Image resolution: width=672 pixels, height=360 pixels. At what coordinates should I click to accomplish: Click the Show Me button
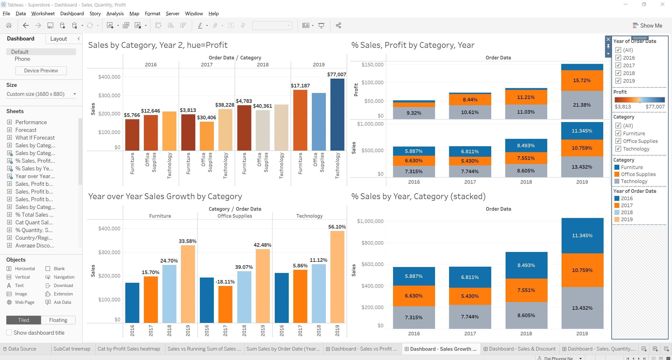coord(647,26)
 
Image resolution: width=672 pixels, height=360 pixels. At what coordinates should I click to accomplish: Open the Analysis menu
coord(115,14)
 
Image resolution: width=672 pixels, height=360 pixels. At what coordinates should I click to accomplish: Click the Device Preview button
coord(41,71)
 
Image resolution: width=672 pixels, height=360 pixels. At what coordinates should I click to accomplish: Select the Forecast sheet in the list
coord(26,130)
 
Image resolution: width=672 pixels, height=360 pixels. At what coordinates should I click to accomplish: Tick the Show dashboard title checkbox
coord(9,332)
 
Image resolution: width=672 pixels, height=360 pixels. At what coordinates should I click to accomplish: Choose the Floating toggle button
coord(58,320)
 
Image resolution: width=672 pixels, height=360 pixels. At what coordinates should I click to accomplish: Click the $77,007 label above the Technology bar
coord(337,74)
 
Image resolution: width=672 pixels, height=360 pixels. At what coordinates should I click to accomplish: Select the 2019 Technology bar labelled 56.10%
coord(337,277)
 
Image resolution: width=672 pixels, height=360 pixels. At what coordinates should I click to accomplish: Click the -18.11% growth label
coord(225,282)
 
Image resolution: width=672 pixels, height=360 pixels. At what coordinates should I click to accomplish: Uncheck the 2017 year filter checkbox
coord(618,65)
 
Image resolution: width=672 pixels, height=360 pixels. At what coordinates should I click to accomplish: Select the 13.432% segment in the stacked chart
coord(582,308)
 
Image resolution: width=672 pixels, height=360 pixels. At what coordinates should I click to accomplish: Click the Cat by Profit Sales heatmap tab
coord(129,349)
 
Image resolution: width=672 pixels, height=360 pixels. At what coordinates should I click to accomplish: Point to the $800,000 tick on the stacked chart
coord(372,243)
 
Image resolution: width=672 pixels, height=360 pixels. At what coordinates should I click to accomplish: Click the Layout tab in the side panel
coord(58,39)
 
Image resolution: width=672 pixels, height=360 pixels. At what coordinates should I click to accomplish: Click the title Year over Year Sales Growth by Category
coord(165,196)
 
